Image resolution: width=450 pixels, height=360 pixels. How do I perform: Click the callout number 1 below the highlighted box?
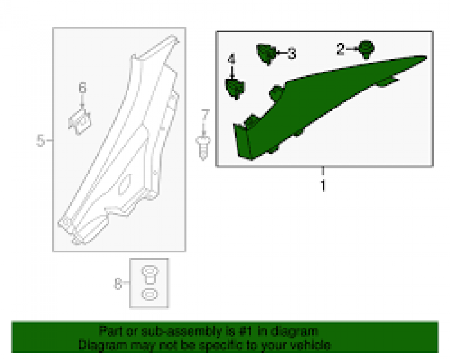pos(323,185)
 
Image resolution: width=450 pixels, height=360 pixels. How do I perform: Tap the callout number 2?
pos(340,49)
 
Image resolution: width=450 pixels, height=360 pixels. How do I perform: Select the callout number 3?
pos(292,54)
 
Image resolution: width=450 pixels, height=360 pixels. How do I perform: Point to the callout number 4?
pos(231,59)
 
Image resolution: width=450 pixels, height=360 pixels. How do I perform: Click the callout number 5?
pos(40,141)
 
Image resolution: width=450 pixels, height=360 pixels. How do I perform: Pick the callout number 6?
pos(82,88)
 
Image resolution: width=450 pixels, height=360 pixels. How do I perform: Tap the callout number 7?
pos(205,115)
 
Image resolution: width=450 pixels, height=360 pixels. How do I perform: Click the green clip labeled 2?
pos(366,50)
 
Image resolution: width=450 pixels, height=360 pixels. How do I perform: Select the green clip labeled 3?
pos(267,54)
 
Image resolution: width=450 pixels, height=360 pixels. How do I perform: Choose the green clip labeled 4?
pos(235,89)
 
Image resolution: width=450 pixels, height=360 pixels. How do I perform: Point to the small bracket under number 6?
pos(80,122)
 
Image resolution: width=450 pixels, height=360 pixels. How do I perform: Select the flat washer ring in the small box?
pos(149,295)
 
